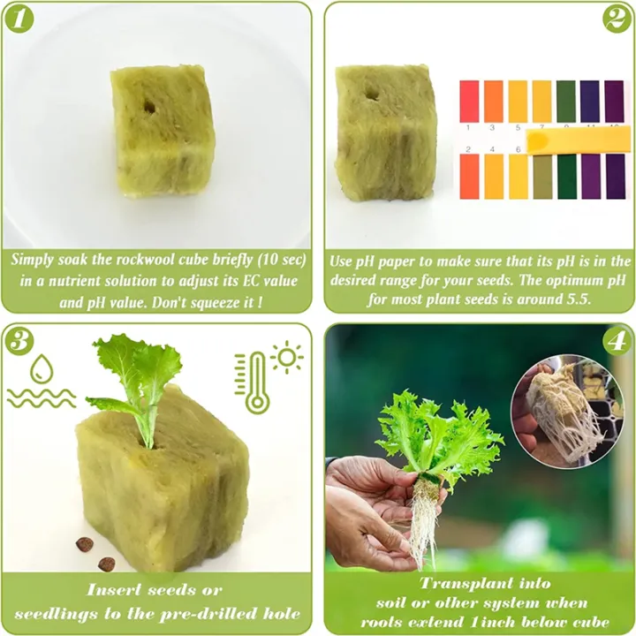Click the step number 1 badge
19,19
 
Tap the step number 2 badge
617,19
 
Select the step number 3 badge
19,341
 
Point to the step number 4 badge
617,341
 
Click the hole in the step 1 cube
149,107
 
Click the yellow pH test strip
578,140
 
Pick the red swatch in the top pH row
469,101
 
